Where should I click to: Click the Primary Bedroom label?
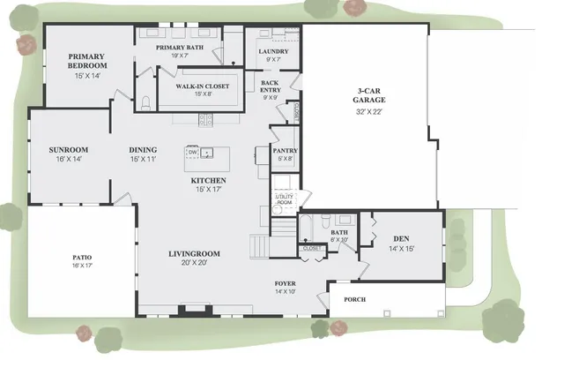(x=88, y=61)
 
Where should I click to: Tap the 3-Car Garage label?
(x=371, y=95)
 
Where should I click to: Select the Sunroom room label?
(x=68, y=150)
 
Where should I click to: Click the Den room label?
(x=401, y=238)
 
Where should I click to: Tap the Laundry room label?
(x=273, y=51)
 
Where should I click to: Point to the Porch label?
(x=354, y=299)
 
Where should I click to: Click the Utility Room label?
(x=284, y=199)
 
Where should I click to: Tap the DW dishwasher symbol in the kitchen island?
(x=192, y=152)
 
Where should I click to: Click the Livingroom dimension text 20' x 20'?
(x=195, y=263)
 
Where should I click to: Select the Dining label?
(x=143, y=150)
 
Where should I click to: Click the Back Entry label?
(x=271, y=86)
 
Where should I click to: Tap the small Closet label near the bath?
(x=312, y=249)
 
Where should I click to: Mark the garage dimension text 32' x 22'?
(x=371, y=112)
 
